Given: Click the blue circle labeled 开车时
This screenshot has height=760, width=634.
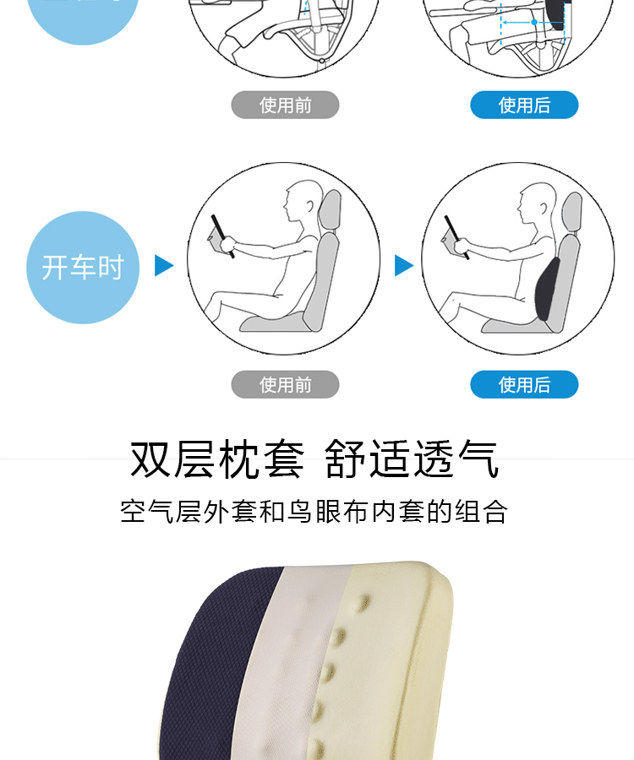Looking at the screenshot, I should tap(82, 268).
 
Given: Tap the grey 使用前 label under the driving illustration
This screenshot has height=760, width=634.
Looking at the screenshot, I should tap(285, 384).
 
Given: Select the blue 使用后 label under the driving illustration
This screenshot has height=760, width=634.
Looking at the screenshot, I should tap(524, 384).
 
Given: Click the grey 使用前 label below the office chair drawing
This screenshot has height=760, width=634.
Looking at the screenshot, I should tap(285, 105).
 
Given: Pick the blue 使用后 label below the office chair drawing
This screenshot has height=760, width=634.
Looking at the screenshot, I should tap(524, 105).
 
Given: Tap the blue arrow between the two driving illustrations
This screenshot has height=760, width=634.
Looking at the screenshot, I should tap(404, 266).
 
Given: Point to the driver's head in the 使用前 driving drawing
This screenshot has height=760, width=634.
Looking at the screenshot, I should tap(299, 202).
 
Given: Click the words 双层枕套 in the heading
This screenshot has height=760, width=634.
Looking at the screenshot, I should tap(216, 459).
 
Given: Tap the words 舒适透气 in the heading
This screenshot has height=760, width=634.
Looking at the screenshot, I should tap(412, 459).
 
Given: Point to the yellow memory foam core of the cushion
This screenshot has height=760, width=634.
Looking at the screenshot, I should tap(397, 659).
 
